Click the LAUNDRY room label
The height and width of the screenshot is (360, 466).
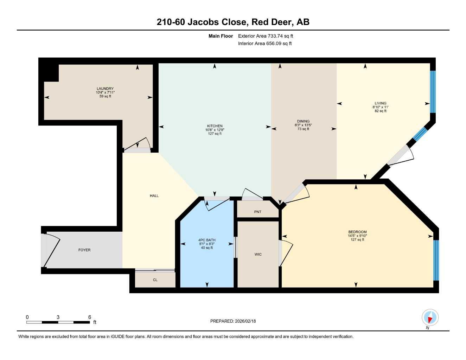click(x=105, y=89)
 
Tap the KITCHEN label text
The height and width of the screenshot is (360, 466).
click(x=215, y=126)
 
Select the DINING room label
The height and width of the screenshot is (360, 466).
click(x=303, y=121)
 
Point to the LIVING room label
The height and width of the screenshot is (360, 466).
click(x=380, y=103)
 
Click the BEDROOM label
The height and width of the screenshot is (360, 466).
click(x=357, y=232)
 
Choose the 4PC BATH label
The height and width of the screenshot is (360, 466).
click(x=207, y=240)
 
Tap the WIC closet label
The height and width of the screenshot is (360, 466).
click(x=258, y=255)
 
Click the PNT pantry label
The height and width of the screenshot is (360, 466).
click(x=258, y=212)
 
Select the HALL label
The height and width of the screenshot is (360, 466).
click(x=154, y=196)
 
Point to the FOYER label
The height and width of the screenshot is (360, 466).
click(x=84, y=250)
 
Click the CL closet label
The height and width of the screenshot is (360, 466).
click(x=155, y=280)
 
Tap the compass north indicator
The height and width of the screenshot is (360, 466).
click(x=429, y=318)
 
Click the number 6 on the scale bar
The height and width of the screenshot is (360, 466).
click(x=90, y=317)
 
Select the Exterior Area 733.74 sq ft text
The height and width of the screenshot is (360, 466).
click(x=266, y=36)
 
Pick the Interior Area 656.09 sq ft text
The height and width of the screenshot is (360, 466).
click(x=265, y=44)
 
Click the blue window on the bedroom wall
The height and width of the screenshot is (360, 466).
click(x=436, y=260)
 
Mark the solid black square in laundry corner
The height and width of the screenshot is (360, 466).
click(x=49, y=70)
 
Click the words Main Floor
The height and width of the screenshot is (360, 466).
click(x=221, y=36)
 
